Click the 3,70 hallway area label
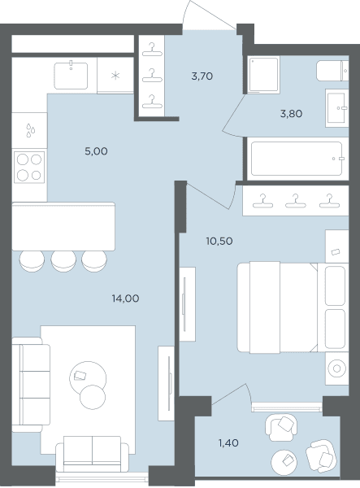pos(202,76)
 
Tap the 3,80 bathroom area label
pos(291,114)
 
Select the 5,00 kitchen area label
pos(97,151)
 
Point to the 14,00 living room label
pos(125,298)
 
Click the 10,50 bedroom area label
pos(219,242)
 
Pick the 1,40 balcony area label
pos(228,443)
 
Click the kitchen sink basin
pos(71,76)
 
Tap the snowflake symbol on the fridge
pos(115,76)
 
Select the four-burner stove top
pos(29,167)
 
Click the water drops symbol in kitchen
pos(30,130)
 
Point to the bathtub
pos(297,159)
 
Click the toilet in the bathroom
pos(332,71)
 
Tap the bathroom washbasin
pos(336,108)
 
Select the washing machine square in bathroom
pos(263,75)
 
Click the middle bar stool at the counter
pos(63,261)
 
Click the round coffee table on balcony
pos(284,463)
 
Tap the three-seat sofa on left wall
pos(31,385)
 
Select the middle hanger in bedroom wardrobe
pos(296,201)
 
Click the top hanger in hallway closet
pos(152,50)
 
